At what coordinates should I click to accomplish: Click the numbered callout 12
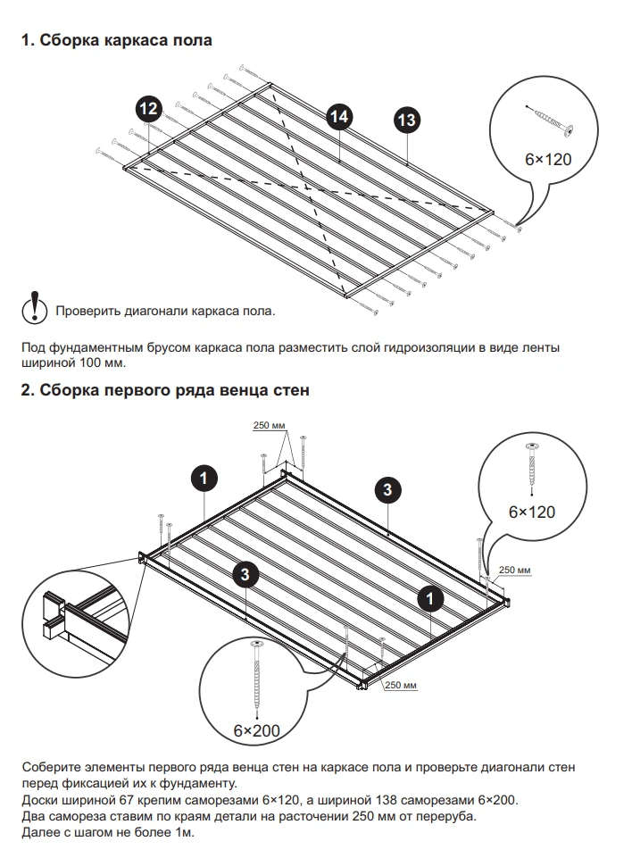pyautogui.click(x=149, y=109)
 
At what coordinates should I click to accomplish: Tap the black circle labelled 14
pyautogui.click(x=337, y=116)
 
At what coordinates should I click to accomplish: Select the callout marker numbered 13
pyautogui.click(x=406, y=119)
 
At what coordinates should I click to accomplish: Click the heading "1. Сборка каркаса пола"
pyautogui.click(x=116, y=41)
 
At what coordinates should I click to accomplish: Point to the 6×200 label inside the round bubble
pyautogui.click(x=257, y=730)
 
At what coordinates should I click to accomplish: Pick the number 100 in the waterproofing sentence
pyautogui.click(x=91, y=363)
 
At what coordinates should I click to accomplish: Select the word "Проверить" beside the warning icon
pyautogui.click(x=87, y=312)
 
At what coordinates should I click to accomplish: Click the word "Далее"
pyautogui.click(x=40, y=833)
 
